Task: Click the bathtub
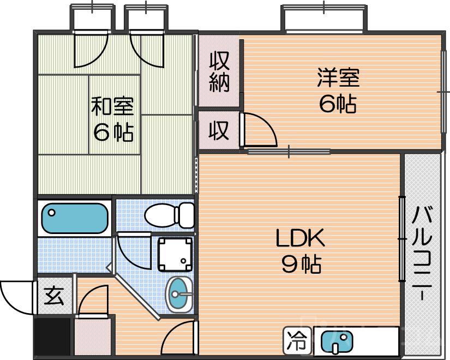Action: pyautogui.click(x=75, y=219)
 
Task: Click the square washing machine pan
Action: pyautogui.click(x=175, y=254)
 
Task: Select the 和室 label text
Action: pyautogui.click(x=112, y=105)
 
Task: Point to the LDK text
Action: pyautogui.click(x=300, y=238)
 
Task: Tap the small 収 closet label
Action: pyautogui.click(x=219, y=130)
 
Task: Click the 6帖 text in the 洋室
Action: pyautogui.click(x=338, y=104)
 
